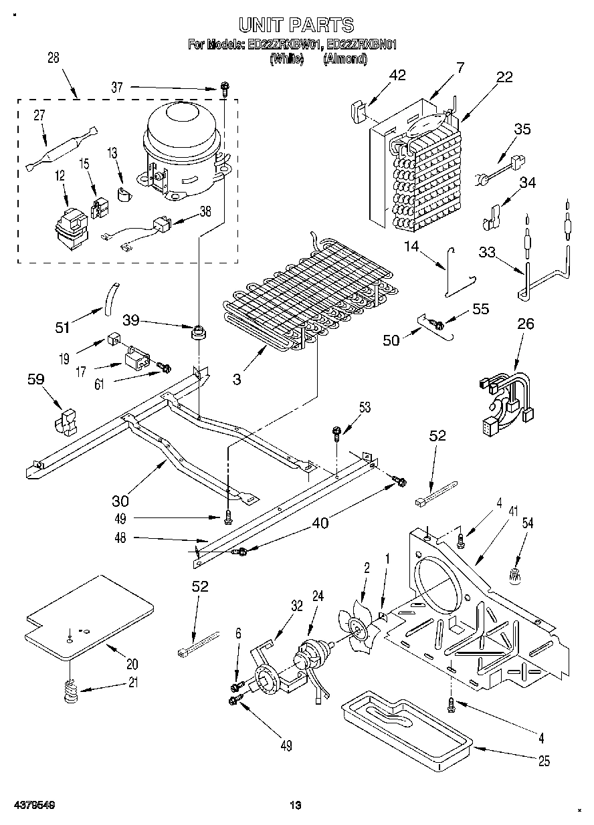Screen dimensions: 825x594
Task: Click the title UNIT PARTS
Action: click(x=296, y=25)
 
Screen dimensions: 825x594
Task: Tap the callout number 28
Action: click(x=54, y=58)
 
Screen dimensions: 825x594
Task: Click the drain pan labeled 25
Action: click(x=405, y=725)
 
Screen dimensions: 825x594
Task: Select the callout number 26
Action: click(x=526, y=325)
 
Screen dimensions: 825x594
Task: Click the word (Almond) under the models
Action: click(x=344, y=59)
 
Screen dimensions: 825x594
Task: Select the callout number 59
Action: click(x=35, y=379)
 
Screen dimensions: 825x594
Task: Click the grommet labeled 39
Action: click(x=197, y=332)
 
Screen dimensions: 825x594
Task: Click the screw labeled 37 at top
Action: click(x=225, y=86)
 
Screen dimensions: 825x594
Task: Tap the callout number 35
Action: click(x=522, y=129)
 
